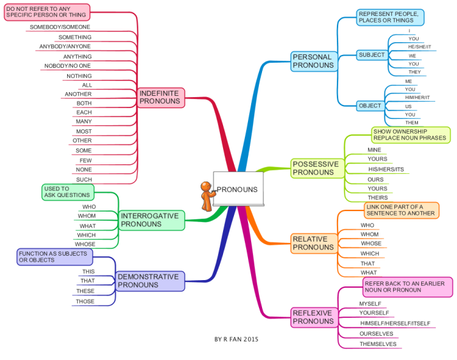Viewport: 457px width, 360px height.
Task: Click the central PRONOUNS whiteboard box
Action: (x=238, y=189)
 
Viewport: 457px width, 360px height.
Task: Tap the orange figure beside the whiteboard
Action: (x=207, y=196)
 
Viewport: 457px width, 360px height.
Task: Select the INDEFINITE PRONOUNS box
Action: (x=161, y=98)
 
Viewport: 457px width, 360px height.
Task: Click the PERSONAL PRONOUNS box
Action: (x=314, y=61)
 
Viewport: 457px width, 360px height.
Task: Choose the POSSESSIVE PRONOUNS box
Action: (x=318, y=168)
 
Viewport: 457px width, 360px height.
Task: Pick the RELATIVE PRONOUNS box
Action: (x=314, y=244)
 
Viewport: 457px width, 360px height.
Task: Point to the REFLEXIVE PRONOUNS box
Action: (x=314, y=317)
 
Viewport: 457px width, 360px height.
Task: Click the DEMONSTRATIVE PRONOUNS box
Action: (x=150, y=281)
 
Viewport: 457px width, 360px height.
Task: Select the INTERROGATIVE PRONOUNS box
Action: (x=151, y=221)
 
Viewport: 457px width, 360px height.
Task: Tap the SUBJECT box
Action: (x=372, y=55)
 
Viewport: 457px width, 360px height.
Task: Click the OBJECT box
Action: (x=370, y=106)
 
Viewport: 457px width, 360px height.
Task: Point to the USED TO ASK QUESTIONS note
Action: (x=68, y=192)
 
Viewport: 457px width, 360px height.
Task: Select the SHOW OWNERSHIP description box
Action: (x=410, y=135)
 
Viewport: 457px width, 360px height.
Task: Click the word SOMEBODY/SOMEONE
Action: (x=59, y=27)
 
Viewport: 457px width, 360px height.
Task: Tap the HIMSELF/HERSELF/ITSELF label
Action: (x=395, y=324)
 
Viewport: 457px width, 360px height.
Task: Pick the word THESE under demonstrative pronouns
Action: (x=86, y=291)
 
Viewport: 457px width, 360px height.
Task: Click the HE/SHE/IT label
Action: (x=419, y=47)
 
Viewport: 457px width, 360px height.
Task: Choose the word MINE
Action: (x=374, y=150)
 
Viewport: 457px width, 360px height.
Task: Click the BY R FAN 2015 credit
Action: (x=236, y=340)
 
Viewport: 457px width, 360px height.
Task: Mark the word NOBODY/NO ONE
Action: (x=67, y=66)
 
